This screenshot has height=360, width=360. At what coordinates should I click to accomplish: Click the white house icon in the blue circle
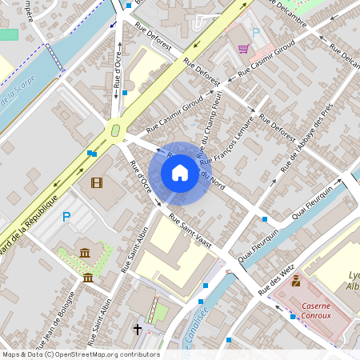pos(180,173)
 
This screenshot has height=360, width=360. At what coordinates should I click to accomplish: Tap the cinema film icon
pos(97,183)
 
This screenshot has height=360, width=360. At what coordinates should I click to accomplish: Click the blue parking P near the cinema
pos(66,216)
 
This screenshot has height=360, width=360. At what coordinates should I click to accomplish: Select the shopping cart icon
pos(242,49)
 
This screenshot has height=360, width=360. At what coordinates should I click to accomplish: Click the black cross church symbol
pos(137,329)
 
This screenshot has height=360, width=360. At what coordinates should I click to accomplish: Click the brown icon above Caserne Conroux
pos(296,281)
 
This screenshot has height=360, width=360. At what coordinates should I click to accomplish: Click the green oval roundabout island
pos(115,128)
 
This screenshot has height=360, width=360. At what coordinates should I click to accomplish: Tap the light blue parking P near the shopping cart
pos(256,33)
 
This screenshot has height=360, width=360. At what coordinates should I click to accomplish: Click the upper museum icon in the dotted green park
pos(85,254)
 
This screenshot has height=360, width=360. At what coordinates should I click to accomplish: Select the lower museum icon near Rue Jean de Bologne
pos(87,278)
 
